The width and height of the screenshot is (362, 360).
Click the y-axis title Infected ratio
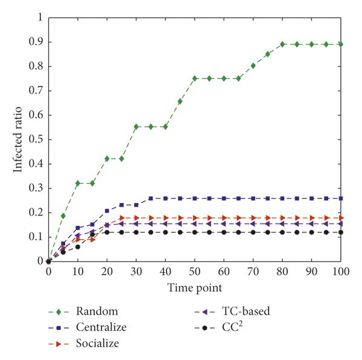[19, 139]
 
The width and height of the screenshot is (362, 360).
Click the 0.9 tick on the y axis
[37, 42]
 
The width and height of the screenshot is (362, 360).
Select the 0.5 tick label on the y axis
[37, 140]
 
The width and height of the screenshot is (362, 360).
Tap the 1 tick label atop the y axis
[40, 18]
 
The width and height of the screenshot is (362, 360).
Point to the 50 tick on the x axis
[195, 273]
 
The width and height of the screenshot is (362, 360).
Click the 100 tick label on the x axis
[341, 273]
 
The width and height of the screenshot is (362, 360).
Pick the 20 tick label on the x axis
[107, 273]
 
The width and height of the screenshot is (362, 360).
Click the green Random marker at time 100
[341, 44]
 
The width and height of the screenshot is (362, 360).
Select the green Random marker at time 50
[195, 78]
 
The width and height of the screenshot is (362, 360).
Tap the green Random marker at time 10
[78, 183]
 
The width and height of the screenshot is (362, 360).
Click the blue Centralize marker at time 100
[341, 198]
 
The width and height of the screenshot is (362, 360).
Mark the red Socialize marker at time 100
[341, 217]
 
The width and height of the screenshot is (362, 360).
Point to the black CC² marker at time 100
[341, 232]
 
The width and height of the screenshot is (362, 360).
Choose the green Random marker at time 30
[136, 126]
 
